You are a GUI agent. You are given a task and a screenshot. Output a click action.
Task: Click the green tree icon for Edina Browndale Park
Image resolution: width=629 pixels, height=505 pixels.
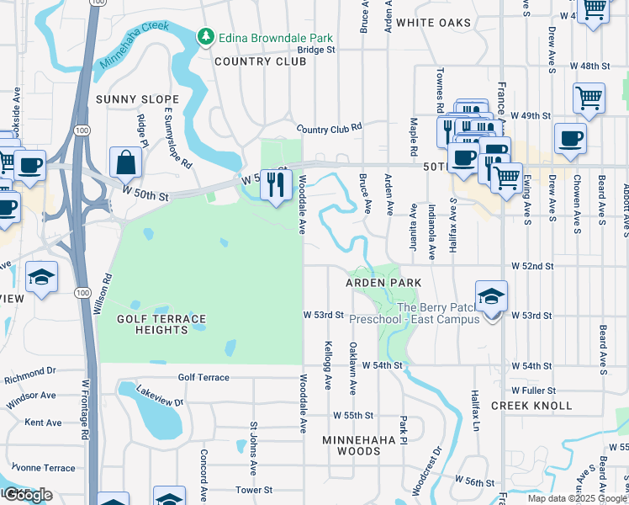click(204, 37)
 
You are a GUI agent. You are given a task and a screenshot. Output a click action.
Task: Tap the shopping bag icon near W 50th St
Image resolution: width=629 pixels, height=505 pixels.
click(125, 163)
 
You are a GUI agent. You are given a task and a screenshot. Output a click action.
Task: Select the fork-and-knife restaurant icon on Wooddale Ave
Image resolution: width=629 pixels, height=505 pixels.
click(276, 185)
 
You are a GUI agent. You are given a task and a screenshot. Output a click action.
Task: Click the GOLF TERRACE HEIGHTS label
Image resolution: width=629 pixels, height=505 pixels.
click(161, 324)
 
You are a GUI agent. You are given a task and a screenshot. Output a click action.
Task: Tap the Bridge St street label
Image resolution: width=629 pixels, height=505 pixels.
click(316, 50)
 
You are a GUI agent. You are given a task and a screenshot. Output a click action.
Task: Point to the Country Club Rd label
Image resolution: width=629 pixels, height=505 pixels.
click(329, 128)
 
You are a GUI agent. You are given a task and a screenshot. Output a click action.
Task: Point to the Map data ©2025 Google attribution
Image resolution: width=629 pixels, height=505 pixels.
click(578, 498)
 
